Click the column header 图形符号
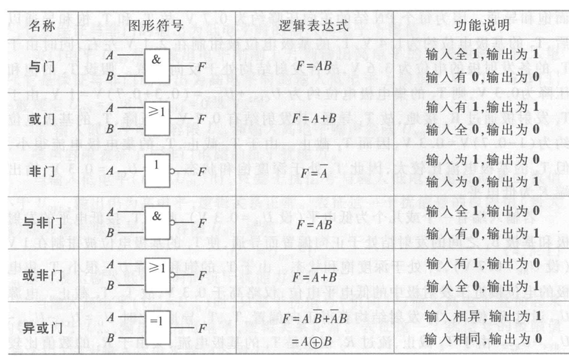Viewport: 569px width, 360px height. coord(156,26)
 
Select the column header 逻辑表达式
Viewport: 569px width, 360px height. coord(313,26)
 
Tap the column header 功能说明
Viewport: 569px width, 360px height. coord(481,25)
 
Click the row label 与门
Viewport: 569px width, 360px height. coord(42,67)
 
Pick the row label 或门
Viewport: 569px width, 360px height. coord(42,119)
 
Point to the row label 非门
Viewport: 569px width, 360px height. coord(42,171)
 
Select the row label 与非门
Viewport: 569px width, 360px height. coord(42,223)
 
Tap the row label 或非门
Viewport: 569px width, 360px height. coord(42,275)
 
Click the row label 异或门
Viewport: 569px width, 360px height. coord(42,328)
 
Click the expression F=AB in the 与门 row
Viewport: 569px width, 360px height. coord(314,66)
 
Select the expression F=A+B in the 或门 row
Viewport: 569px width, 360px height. coord(314,118)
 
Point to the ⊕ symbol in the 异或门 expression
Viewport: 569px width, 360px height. coord(316,342)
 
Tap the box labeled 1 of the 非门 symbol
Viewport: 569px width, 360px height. coord(157,171)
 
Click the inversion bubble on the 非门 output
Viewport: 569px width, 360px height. coord(172,171)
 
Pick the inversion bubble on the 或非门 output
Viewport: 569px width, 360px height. coord(172,275)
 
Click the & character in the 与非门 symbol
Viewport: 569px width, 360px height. coord(156,216)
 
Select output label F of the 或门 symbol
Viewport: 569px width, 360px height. coord(202,119)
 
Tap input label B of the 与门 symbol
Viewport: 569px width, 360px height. coord(109,76)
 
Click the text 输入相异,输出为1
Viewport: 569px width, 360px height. coord(482,316)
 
